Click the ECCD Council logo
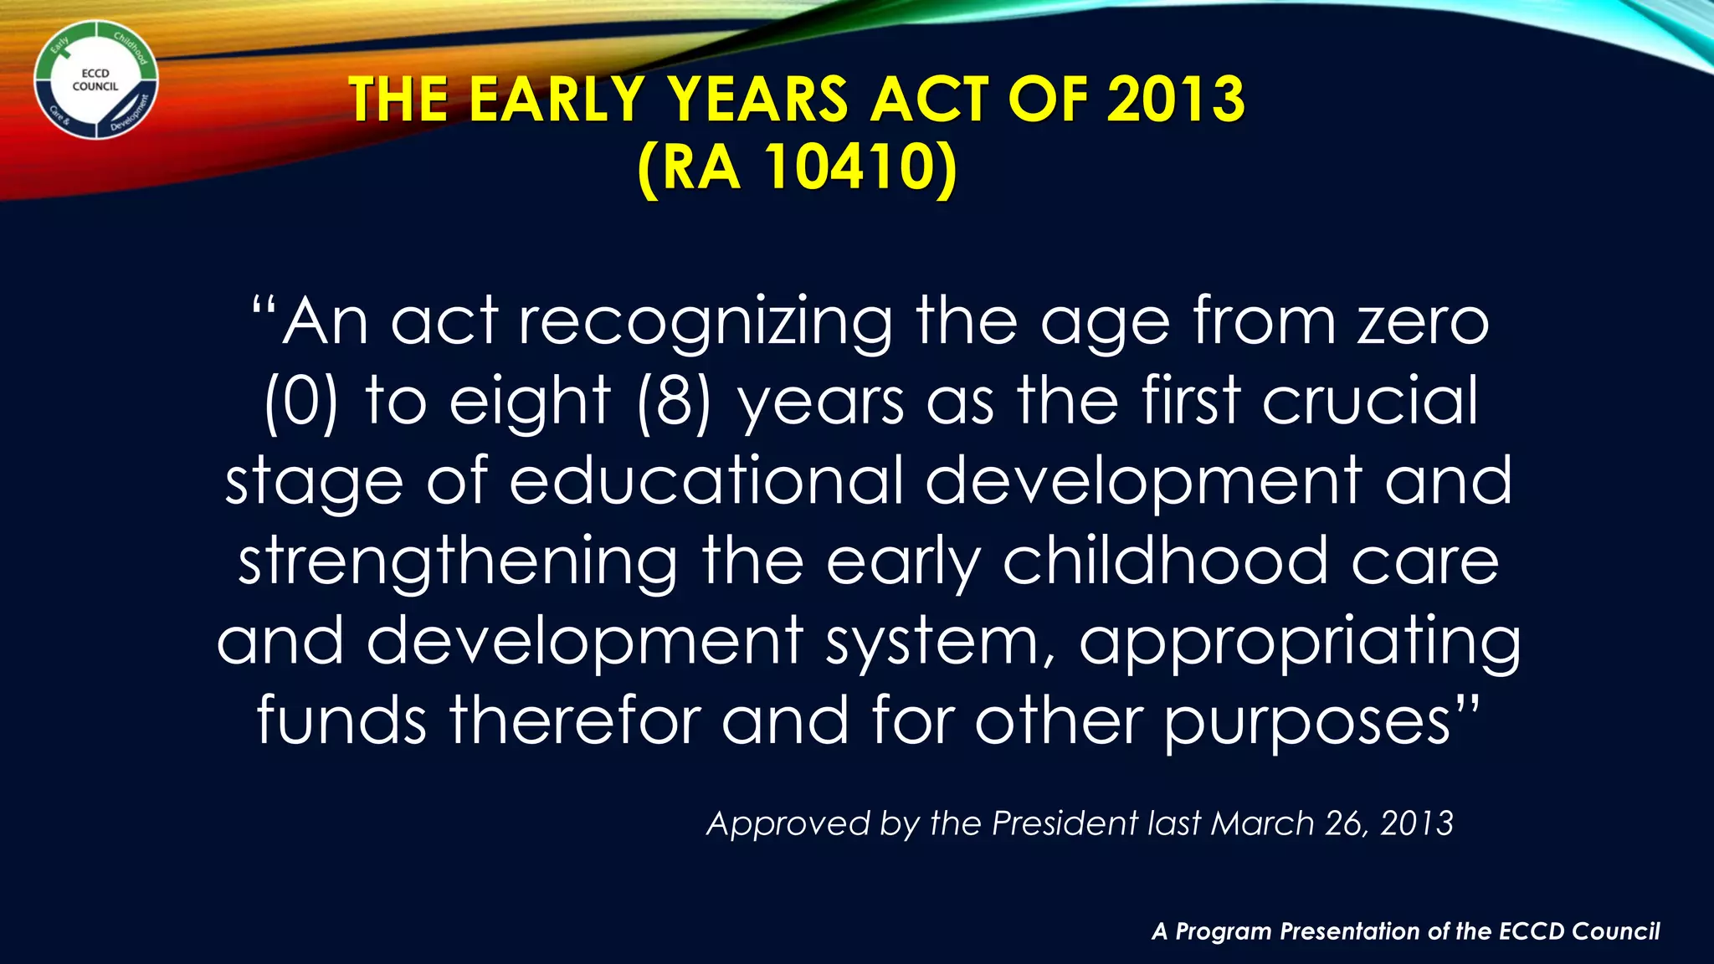coord(96,81)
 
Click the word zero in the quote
coord(1423,322)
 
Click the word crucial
coord(1370,401)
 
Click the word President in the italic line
coord(1065,823)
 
